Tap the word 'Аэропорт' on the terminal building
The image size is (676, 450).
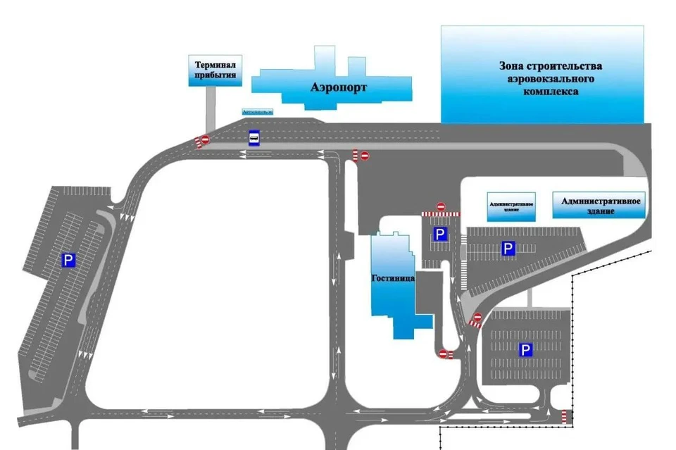[x=339, y=88]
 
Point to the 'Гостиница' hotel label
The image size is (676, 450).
[x=392, y=277]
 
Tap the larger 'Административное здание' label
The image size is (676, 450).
[x=600, y=206]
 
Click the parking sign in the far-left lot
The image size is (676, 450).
[x=68, y=261]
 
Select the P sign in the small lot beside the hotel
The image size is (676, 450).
[x=440, y=235]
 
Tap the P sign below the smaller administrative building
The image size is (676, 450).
[x=508, y=248]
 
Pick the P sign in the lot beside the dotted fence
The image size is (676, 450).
[x=525, y=349]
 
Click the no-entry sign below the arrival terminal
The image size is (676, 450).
[x=205, y=140]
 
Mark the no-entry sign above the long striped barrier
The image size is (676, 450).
[x=441, y=206]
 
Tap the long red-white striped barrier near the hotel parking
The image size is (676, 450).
[x=440, y=213]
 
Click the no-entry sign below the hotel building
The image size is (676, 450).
[x=443, y=353]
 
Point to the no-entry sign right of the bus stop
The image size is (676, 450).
[x=364, y=155]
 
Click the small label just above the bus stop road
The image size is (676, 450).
[x=256, y=112]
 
